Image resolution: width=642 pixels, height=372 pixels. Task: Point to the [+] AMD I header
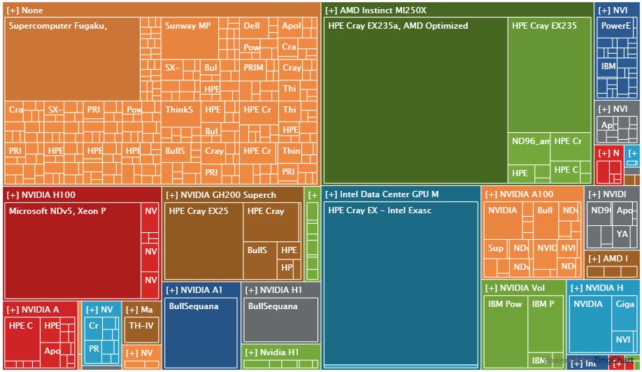613,259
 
